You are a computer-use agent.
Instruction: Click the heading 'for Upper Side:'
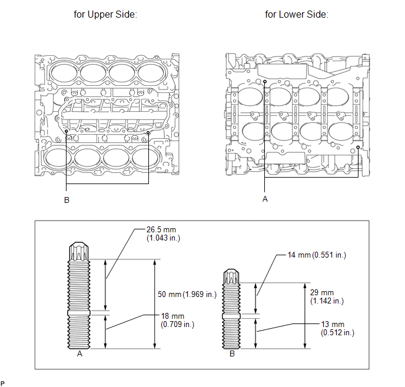pyautogui.click(x=105, y=14)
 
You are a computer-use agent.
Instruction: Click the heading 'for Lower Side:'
pyautogui.click(x=297, y=14)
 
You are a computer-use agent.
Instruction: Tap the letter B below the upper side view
pyautogui.click(x=67, y=200)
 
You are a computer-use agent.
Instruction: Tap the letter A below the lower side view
pyautogui.click(x=265, y=199)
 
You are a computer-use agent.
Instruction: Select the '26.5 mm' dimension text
pyautogui.click(x=161, y=229)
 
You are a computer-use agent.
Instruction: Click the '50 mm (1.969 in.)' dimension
pyautogui.click(x=189, y=293)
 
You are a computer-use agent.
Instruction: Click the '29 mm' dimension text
pyautogui.click(x=321, y=292)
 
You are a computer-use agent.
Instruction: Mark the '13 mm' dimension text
pyautogui.click(x=333, y=324)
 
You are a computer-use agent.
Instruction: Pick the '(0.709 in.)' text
pyautogui.click(x=177, y=323)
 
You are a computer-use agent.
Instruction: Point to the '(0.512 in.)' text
pyautogui.click(x=338, y=333)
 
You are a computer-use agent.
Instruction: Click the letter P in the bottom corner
pyautogui.click(x=3, y=383)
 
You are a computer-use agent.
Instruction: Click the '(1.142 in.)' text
pyautogui.click(x=326, y=301)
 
